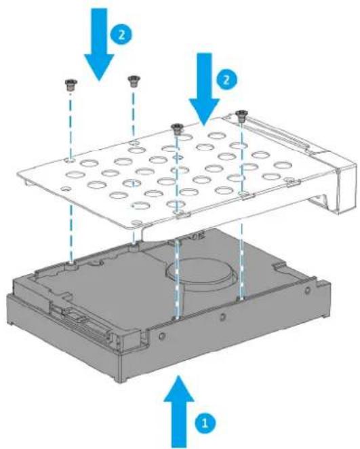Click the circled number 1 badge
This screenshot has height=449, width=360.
pyautogui.click(x=201, y=421)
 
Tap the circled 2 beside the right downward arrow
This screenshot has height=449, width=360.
pyautogui.click(x=231, y=79)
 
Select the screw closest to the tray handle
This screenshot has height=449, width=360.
pyautogui.click(x=241, y=116)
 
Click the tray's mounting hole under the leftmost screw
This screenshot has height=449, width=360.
pyautogui.click(x=71, y=162)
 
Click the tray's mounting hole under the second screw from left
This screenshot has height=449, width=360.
pyautogui.click(x=135, y=143)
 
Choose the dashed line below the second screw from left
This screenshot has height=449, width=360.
pyautogui.click(x=133, y=115)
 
